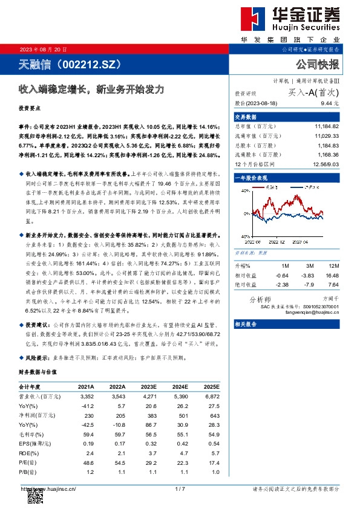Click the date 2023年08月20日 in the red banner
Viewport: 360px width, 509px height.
(x=44, y=49)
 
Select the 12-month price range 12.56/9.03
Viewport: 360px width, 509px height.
(x=327, y=163)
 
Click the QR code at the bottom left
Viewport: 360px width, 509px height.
(x=35, y=498)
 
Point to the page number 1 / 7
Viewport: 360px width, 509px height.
(x=179, y=489)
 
